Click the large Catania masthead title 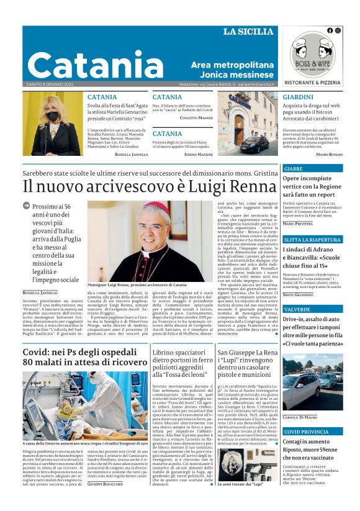(x=86, y=65)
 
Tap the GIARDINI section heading (x=297, y=97)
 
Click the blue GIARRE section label (x=294, y=168)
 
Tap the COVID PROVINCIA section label (x=306, y=431)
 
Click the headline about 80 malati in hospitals (x=85, y=357)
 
